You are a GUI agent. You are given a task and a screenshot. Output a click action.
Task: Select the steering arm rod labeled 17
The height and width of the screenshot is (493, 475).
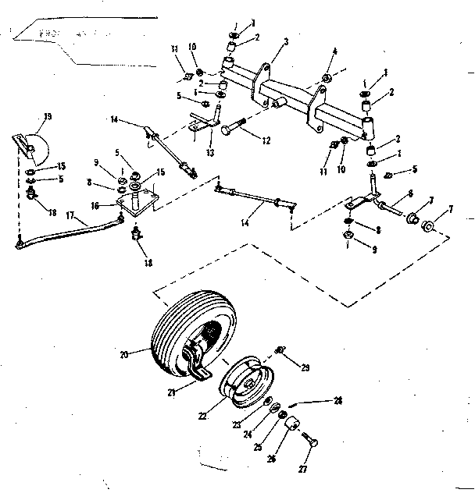[70, 232]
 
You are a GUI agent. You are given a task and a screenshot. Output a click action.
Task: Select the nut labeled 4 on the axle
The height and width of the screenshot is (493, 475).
[326, 79]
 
